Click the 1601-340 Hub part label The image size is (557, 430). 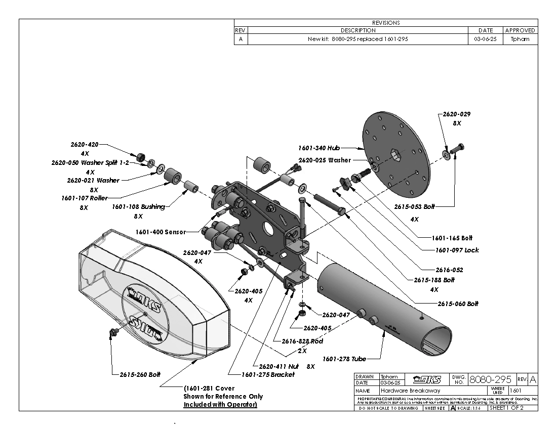(319, 148)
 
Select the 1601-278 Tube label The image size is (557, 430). (344, 359)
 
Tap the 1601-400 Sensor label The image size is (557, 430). (161, 232)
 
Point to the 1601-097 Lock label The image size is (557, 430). (457, 250)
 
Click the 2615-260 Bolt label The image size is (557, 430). (140, 374)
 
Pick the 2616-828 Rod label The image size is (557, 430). (302, 341)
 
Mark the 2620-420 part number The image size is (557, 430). (85, 144)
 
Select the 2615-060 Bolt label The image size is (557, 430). (458, 304)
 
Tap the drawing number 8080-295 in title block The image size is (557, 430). (491, 379)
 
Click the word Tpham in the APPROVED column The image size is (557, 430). (521, 39)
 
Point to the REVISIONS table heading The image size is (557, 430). (386, 23)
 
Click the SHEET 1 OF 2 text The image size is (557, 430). (506, 408)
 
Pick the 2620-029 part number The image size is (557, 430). (457, 114)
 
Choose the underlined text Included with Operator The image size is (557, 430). (220, 404)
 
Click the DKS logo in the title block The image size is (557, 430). (427, 379)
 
